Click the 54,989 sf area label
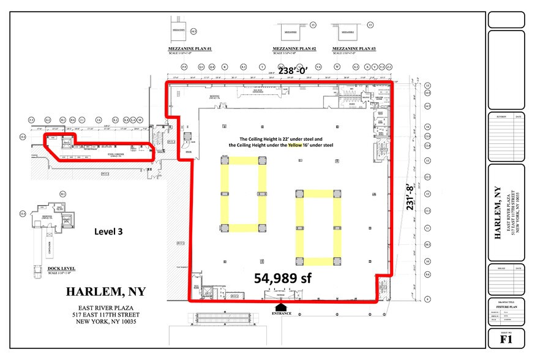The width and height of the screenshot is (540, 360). (283, 278)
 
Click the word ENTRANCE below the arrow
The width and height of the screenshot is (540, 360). (282, 313)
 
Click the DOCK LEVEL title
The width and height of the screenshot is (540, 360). (47, 268)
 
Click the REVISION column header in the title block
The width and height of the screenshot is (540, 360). (501, 116)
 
